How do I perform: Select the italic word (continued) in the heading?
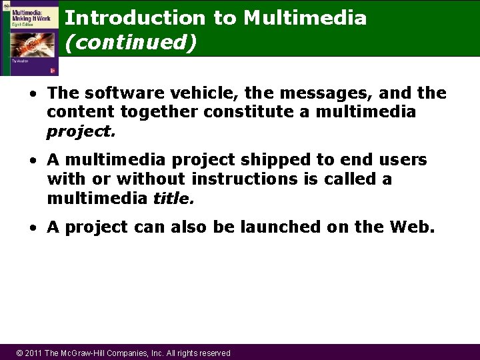tap(131, 43)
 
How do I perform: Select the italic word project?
tap(81, 131)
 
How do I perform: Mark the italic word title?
tap(173, 199)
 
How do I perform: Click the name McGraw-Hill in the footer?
tap(89, 353)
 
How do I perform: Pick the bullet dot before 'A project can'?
tap(33, 228)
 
